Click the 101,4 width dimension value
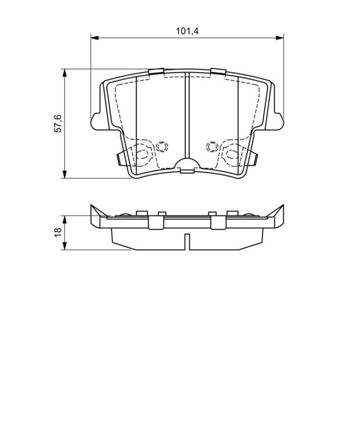187,31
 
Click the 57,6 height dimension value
57,124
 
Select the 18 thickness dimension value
57,232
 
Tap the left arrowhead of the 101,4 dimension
95,38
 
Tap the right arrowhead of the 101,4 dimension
280,38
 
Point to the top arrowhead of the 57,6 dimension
65,73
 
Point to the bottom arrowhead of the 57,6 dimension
65,174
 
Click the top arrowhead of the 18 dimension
65,220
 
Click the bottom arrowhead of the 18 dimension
65,246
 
